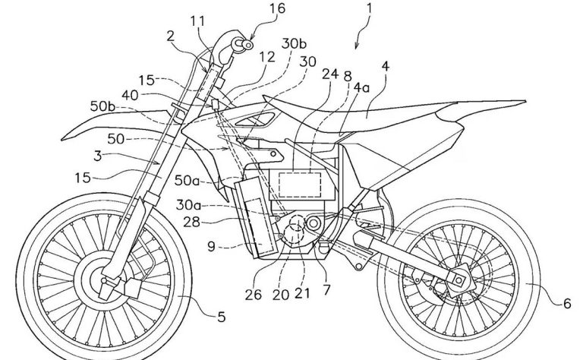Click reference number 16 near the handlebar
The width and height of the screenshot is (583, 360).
coord(257,11)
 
